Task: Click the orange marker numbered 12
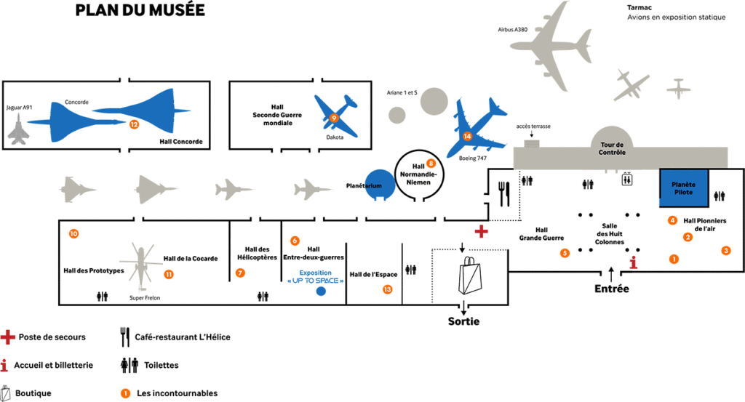point(134,124)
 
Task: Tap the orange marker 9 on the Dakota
point(334,117)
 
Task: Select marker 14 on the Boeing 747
point(467,136)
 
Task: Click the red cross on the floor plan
point(480,231)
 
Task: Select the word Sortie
point(463,321)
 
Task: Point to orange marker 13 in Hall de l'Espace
point(388,289)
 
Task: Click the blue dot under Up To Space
point(320,292)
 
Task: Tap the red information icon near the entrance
point(634,263)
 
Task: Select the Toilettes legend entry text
point(156,365)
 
